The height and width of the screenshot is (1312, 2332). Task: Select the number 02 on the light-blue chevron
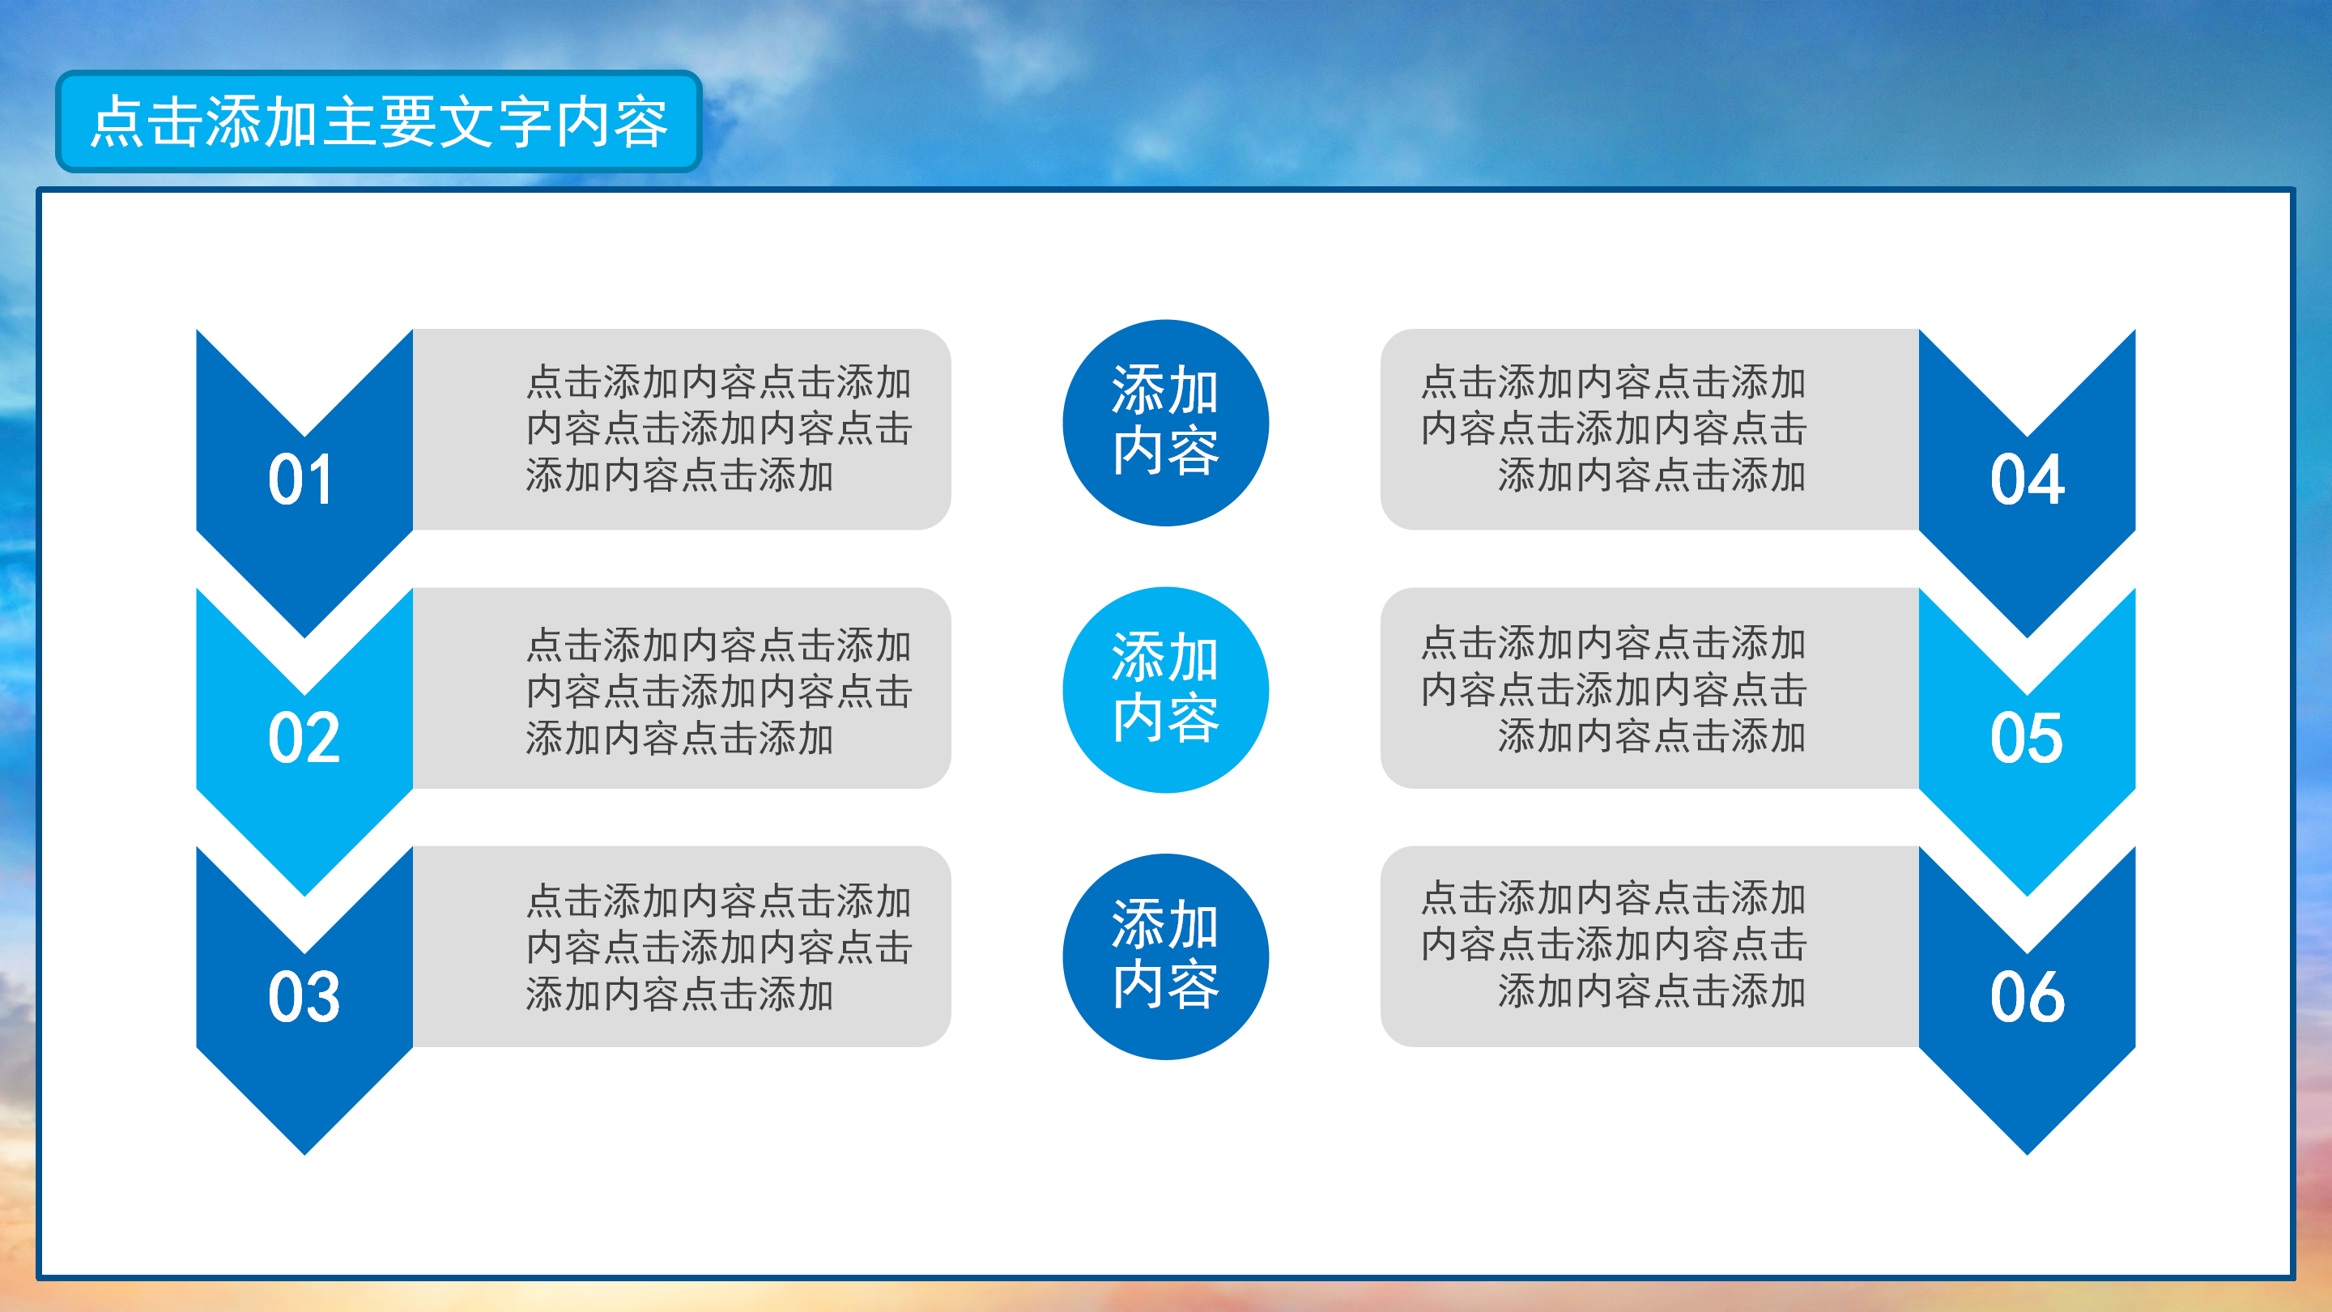(304, 738)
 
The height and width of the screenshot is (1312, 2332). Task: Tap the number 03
(304, 997)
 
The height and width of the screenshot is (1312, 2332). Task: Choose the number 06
(2027, 997)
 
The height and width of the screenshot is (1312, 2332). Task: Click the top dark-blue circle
(1165, 422)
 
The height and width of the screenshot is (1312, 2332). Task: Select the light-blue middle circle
(1165, 689)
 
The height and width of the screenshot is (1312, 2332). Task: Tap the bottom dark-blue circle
(1165, 956)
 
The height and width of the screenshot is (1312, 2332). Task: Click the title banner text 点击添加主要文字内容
(378, 121)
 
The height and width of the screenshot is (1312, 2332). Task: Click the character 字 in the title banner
(525, 121)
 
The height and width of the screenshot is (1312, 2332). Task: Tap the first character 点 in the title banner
(118, 121)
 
